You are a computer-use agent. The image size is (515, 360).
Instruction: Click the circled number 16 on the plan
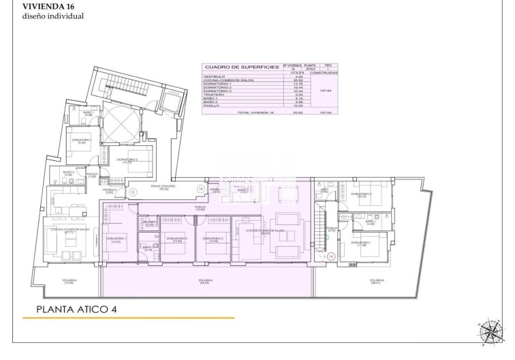pyautogui.click(x=200, y=188)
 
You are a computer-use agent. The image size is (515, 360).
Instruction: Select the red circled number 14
pyautogui.click(x=331, y=256)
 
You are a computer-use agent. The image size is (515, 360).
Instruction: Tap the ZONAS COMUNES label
pyautogui.click(x=163, y=187)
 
